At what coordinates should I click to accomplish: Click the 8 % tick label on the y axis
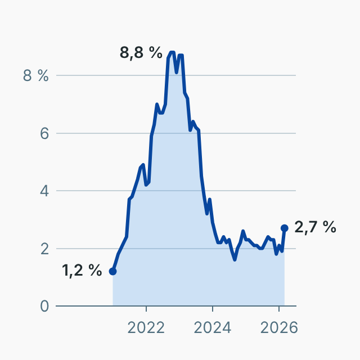click(x=36, y=76)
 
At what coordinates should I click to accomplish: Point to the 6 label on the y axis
click(x=44, y=133)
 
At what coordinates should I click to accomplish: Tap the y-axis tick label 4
click(x=44, y=191)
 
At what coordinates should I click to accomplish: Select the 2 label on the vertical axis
click(x=44, y=249)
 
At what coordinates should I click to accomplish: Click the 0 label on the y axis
click(x=44, y=306)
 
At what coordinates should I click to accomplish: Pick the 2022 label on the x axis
click(x=146, y=327)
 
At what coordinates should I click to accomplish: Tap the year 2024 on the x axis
click(x=213, y=327)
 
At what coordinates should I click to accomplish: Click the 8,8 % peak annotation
click(x=141, y=53)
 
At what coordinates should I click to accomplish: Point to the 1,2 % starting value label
click(x=82, y=271)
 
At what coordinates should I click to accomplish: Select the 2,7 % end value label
click(x=315, y=227)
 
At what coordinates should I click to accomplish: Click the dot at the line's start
click(x=112, y=271)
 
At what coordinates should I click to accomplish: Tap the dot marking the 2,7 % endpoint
click(x=285, y=228)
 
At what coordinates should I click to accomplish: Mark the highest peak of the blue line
click(x=172, y=52)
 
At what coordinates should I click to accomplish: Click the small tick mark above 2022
click(x=146, y=309)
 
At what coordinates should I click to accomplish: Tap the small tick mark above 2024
click(x=213, y=309)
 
